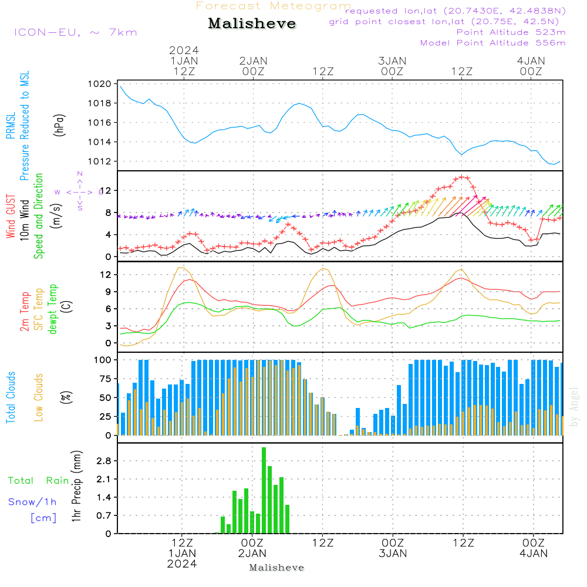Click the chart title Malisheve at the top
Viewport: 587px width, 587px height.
tap(252, 23)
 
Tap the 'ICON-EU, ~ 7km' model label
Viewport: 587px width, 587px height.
tap(75, 32)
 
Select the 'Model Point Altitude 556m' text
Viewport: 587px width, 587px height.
tap(493, 43)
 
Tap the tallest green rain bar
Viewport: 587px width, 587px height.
tap(264, 490)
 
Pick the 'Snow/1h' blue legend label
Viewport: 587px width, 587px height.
tap(32, 502)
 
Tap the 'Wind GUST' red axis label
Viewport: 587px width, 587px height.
tap(11, 218)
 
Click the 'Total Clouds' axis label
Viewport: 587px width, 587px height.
tap(11, 397)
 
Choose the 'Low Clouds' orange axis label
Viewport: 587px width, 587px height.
tap(39, 397)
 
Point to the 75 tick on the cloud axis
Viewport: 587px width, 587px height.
tap(104, 379)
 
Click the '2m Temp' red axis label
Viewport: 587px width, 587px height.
tap(25, 311)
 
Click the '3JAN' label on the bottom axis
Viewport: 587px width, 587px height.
tap(393, 553)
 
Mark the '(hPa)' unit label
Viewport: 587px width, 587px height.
tap(59, 124)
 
